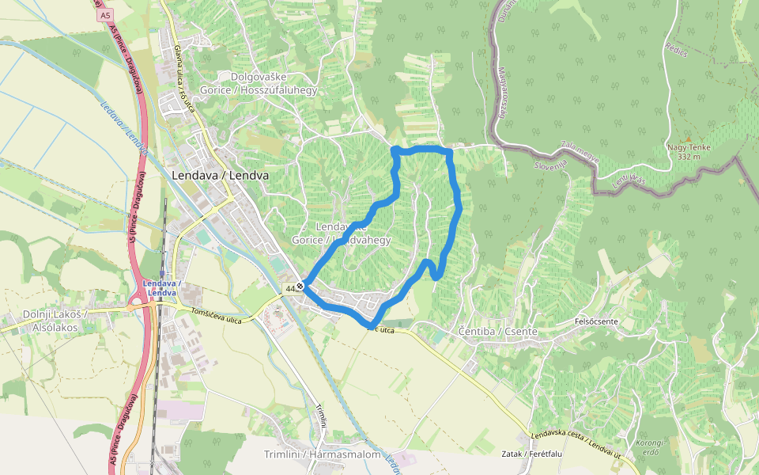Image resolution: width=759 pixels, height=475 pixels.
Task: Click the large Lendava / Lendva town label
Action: click(220, 175)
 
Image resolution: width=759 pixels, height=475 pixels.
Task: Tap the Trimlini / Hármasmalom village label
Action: click(323, 454)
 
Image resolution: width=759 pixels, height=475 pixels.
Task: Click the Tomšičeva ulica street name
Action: click(215, 314)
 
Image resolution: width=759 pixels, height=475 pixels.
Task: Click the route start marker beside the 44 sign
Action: click(300, 286)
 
